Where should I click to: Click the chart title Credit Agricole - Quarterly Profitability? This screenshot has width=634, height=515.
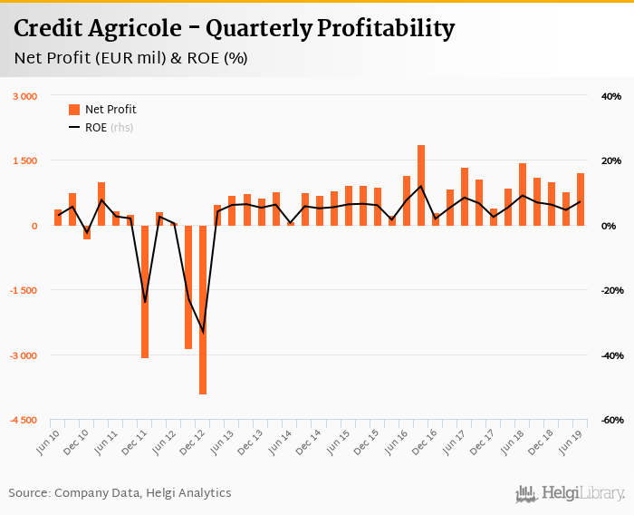(234, 29)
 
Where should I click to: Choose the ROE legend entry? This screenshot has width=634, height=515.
(101, 128)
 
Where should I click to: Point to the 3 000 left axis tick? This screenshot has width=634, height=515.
(24, 96)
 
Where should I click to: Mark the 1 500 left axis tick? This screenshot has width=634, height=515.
(24, 160)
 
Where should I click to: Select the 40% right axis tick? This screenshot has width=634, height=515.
(610, 96)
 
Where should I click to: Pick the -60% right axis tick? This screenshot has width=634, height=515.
(609, 421)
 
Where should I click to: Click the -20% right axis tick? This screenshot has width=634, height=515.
(609, 291)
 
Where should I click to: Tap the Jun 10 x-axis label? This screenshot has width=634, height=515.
(48, 441)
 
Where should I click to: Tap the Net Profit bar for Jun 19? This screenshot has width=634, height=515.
(581, 199)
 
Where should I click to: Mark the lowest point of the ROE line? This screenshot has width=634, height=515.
(203, 333)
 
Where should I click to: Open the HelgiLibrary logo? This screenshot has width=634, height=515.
(570, 494)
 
